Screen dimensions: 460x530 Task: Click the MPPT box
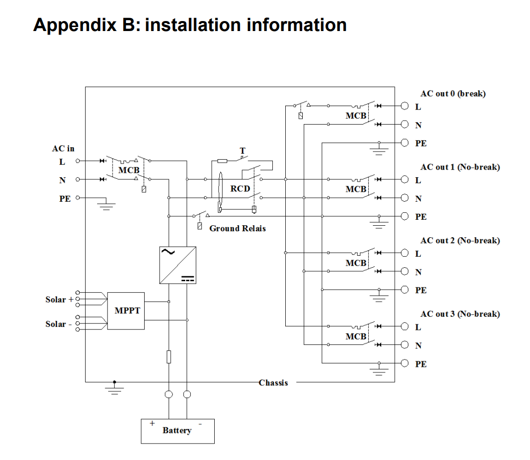click(126, 311)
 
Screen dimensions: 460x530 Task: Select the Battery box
click(177, 431)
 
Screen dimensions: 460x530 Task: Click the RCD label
click(240, 189)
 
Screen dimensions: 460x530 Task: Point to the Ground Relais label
click(237, 228)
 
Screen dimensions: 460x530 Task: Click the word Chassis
click(273, 383)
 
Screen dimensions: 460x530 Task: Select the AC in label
click(63, 149)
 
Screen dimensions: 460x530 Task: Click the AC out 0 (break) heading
click(453, 94)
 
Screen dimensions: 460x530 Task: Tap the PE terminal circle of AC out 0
click(405, 143)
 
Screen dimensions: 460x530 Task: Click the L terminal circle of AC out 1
click(405, 179)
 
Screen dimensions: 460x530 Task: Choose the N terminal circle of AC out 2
click(405, 271)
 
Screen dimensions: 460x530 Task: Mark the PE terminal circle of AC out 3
click(405, 363)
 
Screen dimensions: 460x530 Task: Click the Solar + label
click(59, 300)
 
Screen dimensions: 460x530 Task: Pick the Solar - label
click(58, 324)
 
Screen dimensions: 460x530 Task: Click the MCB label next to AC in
click(129, 171)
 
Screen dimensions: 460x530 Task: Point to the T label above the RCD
click(243, 151)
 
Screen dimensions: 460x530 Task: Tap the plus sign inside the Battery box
click(152, 423)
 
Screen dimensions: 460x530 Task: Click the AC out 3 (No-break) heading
click(460, 314)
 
